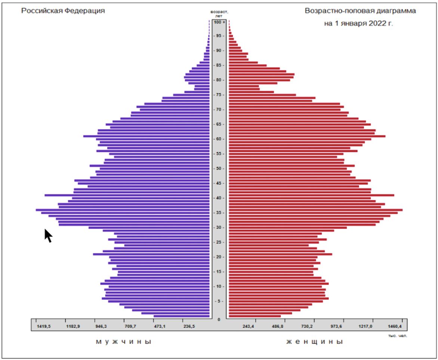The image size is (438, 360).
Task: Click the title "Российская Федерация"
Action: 63,11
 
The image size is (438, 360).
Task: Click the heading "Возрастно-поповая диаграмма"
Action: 360,11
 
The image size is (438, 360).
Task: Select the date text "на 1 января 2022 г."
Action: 358,23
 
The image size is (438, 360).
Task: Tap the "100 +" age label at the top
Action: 219,22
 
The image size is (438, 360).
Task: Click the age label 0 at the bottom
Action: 219,319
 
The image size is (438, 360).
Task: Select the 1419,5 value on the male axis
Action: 44,327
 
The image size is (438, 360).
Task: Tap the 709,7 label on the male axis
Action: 130,327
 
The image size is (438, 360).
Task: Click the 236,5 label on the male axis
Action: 189,327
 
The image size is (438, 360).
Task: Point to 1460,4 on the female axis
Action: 394,327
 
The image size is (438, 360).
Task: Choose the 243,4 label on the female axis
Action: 249,327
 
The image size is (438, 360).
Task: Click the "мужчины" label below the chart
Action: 123,342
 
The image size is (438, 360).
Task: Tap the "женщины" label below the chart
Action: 314,342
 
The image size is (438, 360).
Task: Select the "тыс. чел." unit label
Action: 397,335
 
